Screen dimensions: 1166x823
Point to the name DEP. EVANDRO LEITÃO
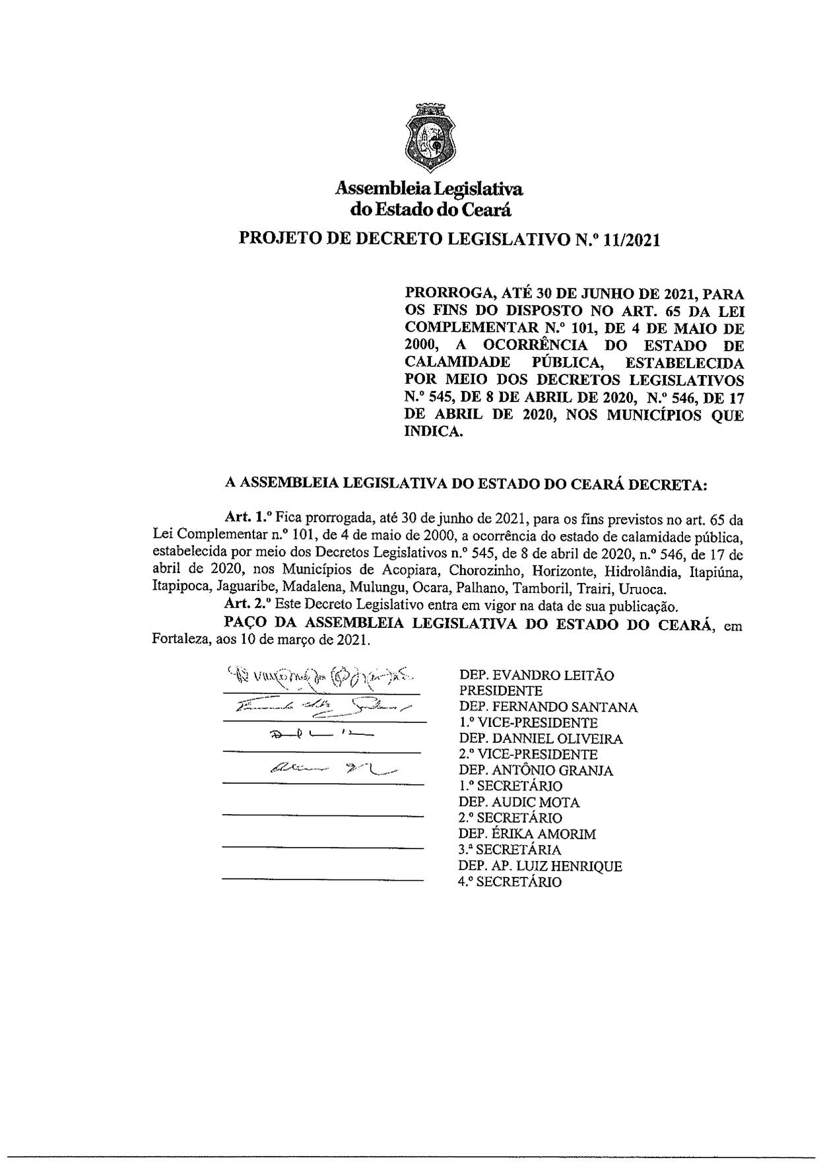coord(537,675)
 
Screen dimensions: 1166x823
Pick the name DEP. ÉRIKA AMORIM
coord(527,834)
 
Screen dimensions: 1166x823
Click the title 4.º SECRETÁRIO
coord(510,882)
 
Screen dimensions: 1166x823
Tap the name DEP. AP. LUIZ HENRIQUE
coord(541,866)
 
